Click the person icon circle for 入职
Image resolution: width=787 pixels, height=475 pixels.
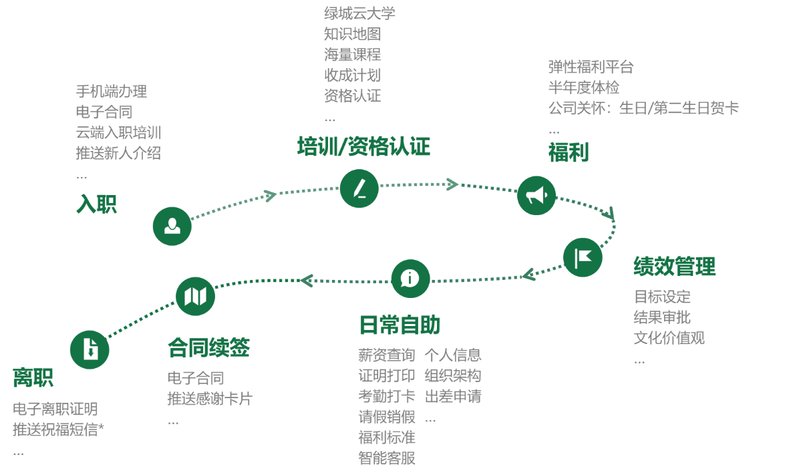click(172, 226)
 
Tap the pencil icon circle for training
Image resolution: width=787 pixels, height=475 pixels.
click(359, 188)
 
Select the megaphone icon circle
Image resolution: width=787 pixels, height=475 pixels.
click(536, 195)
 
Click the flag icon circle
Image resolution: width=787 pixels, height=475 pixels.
click(583, 257)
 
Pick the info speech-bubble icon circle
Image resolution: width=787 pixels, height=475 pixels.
click(410, 278)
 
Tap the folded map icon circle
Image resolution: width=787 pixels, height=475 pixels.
click(195, 296)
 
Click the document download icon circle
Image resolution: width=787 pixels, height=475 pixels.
click(90, 349)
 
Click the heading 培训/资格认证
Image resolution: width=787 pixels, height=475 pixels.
click(363, 147)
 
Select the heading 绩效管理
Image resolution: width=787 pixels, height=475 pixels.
click(674, 266)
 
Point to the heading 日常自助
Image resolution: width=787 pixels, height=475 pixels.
click(400, 325)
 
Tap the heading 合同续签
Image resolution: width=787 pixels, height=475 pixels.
click(209, 347)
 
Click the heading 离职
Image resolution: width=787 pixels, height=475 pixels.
click(33, 377)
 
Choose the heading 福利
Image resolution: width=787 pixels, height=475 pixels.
click(568, 152)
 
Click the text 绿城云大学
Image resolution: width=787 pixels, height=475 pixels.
click(359, 13)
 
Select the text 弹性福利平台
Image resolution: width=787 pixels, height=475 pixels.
click(591, 67)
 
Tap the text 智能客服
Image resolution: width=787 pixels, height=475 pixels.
click(387, 458)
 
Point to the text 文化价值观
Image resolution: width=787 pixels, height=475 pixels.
click(669, 338)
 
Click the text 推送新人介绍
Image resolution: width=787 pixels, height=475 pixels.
click(118, 153)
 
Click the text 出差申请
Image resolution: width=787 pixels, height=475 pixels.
click(453, 397)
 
